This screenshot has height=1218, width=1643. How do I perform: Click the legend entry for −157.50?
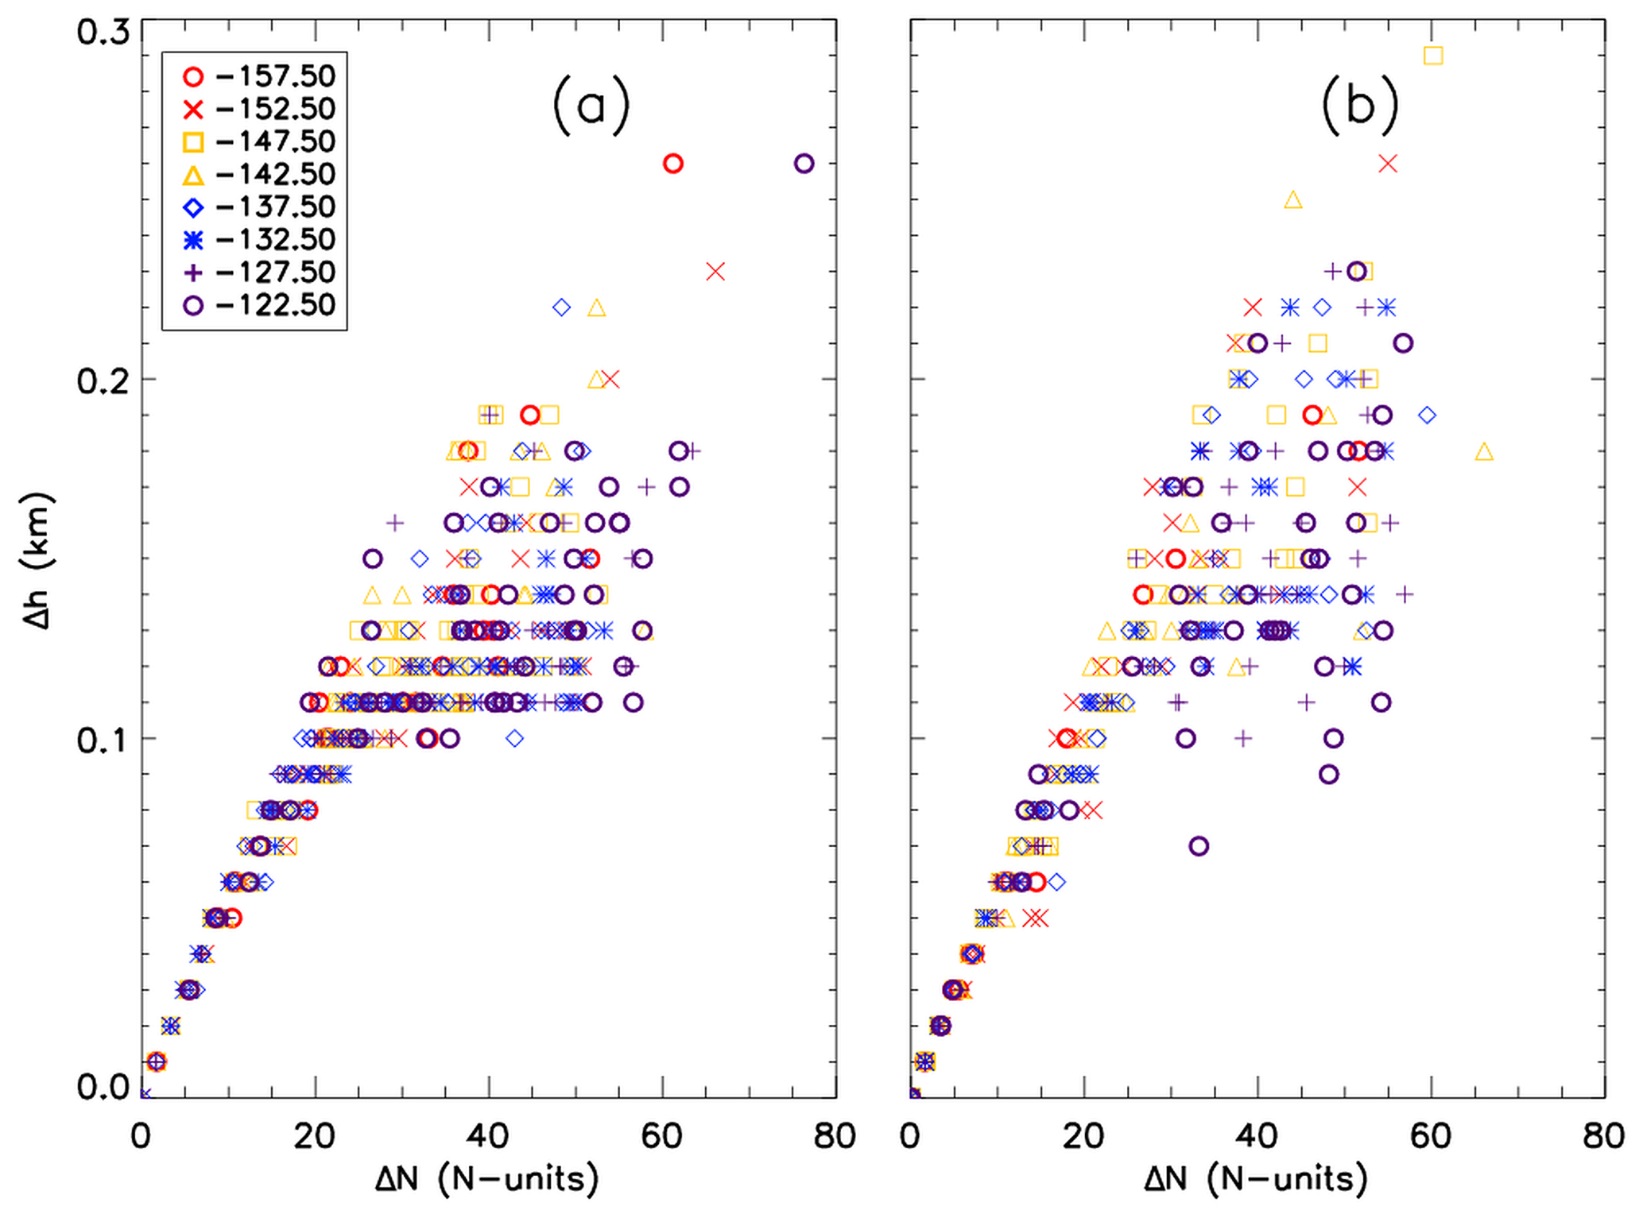[260, 76]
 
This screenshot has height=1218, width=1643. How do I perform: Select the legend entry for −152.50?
[260, 109]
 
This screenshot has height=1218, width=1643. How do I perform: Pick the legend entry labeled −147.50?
[260, 141]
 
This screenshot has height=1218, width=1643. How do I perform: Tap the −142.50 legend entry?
[260, 174]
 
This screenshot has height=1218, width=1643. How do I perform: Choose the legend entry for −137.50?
[260, 207]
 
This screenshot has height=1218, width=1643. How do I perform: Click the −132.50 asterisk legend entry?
[260, 239]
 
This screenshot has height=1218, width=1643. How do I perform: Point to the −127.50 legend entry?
[260, 272]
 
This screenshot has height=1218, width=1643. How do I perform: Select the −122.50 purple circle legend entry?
[260, 305]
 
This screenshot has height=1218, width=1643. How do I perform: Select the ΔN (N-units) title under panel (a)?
[487, 1179]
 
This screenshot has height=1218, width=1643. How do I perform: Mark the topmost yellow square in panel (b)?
[1433, 56]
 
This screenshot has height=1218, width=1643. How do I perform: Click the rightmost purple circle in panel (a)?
[804, 164]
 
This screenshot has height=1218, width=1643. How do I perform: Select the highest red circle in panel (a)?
[673, 164]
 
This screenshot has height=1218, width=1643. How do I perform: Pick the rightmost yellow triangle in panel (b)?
[1483, 452]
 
